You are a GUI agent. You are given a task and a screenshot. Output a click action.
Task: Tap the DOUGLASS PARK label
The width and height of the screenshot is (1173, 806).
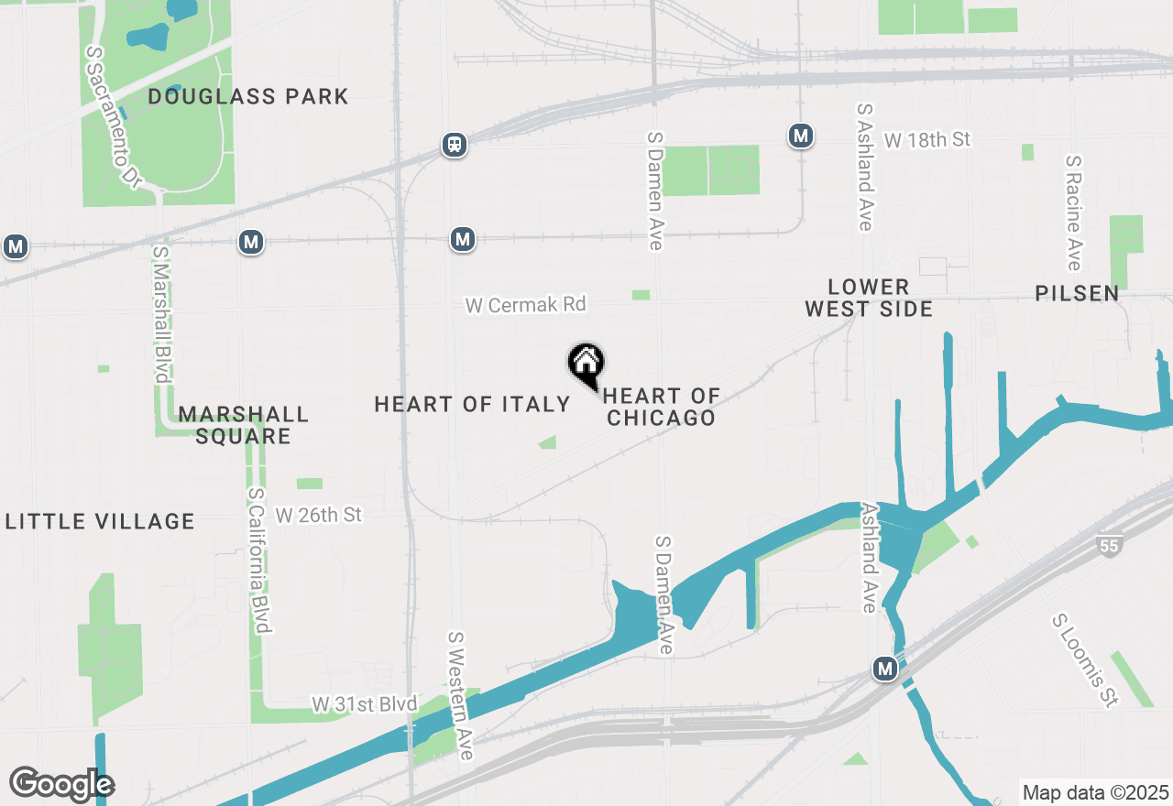tap(248, 96)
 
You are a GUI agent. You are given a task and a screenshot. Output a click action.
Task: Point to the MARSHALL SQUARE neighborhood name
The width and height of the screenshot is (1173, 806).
tap(244, 425)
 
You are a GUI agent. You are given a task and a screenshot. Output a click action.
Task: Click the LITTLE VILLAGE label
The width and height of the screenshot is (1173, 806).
tap(100, 522)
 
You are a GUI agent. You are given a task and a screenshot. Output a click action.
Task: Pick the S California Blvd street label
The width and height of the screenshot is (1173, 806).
tap(260, 560)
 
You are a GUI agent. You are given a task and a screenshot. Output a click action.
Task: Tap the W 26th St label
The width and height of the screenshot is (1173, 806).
tap(319, 515)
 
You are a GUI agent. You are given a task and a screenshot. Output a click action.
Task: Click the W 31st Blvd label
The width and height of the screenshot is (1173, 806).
tap(365, 704)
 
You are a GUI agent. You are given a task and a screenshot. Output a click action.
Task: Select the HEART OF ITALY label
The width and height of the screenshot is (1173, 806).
tap(473, 404)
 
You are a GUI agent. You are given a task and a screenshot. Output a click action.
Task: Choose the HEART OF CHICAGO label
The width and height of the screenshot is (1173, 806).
tap(661, 407)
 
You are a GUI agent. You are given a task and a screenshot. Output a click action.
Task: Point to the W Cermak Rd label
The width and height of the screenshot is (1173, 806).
tap(525, 305)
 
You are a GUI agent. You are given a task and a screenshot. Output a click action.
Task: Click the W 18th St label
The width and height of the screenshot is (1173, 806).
tap(926, 140)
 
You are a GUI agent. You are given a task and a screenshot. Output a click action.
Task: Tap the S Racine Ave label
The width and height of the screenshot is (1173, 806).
tap(1074, 212)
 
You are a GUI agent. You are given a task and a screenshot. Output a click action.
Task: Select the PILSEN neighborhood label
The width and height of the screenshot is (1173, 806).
tap(1078, 293)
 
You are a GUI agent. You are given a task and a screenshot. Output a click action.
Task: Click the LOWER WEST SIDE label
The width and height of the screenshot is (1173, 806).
tap(869, 298)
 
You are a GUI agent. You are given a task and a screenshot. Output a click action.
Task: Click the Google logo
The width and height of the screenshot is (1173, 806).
tap(61, 784)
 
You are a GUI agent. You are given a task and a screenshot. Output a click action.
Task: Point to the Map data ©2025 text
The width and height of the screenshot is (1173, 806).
tap(1095, 792)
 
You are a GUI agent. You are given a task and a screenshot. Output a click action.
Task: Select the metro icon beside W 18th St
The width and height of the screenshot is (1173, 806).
tap(801, 136)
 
